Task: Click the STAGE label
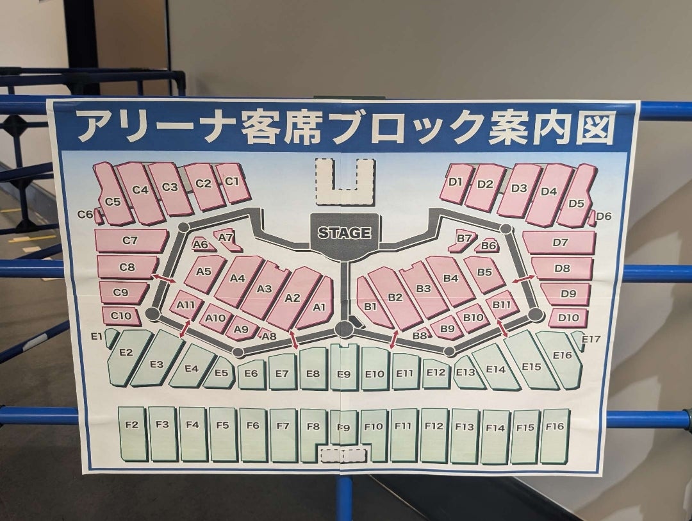[344, 233]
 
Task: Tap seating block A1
[318, 306]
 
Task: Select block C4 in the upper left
[140, 190]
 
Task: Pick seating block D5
[576, 203]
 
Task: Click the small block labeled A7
[226, 238]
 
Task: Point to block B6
[488, 245]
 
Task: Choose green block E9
[344, 374]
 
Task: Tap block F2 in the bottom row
[132, 425]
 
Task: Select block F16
[555, 426]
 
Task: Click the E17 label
[591, 338]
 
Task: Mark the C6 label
[85, 214]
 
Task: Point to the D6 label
[604, 216]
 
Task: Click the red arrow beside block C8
[165, 277]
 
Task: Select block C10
[120, 315]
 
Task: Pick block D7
[560, 242]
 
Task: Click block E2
[126, 352]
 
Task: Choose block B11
[502, 304]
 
